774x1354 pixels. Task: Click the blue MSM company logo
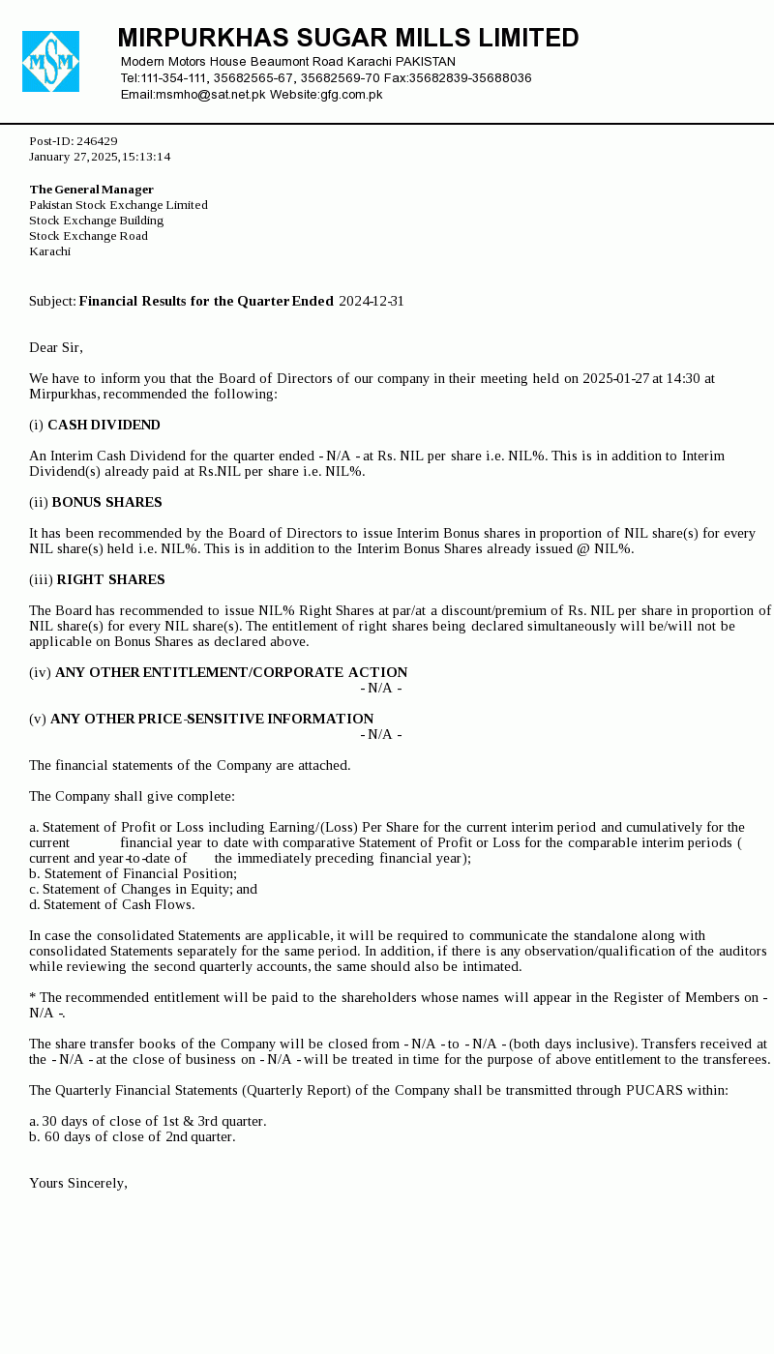[x=50, y=62]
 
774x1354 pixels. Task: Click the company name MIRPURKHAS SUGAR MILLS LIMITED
[x=348, y=39]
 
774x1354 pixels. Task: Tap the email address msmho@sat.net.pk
[x=211, y=95]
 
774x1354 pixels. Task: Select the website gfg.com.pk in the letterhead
[x=351, y=95]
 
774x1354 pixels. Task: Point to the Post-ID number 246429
[x=97, y=141]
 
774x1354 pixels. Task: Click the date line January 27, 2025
[x=100, y=157]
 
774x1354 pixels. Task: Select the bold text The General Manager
[x=92, y=190]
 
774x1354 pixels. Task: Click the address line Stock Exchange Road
[x=88, y=236]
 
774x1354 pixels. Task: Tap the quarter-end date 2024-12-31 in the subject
[x=372, y=302]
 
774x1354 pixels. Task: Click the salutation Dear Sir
[x=56, y=348]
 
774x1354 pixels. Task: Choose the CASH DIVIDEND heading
[x=104, y=426]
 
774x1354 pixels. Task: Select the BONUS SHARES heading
[x=106, y=503]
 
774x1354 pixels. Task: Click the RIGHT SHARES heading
[x=110, y=580]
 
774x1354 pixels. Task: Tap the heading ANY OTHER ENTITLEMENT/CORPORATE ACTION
[x=231, y=673]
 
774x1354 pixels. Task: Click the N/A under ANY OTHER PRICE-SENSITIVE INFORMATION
[x=381, y=735]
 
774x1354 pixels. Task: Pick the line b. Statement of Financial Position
[x=133, y=874]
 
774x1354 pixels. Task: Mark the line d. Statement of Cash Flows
[x=112, y=905]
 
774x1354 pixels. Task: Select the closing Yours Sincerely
[x=78, y=1184]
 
